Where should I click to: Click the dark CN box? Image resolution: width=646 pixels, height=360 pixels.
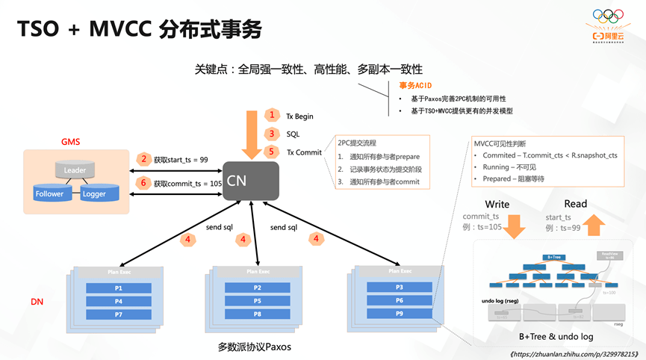(251, 180)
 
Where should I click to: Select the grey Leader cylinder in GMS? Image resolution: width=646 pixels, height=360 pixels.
(75, 170)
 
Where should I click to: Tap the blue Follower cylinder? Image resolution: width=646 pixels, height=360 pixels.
(49, 193)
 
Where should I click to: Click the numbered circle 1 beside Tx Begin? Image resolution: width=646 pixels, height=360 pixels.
(272, 115)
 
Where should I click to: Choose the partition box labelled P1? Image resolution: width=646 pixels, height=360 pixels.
(119, 288)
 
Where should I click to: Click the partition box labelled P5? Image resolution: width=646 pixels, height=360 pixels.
(257, 301)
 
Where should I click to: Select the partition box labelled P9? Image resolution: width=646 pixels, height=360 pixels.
(399, 314)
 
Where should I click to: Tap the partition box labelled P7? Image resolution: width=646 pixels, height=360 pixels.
(119, 314)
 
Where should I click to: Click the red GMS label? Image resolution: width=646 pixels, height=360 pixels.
(70, 142)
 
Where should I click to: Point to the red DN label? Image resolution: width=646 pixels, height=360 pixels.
(37, 302)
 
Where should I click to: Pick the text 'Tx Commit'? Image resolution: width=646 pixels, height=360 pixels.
(304, 152)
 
